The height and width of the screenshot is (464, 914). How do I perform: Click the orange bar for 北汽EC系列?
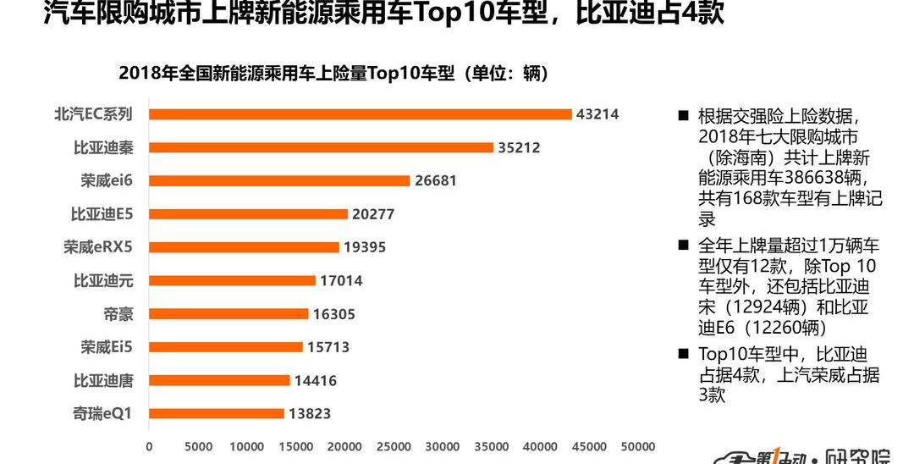(x=361, y=114)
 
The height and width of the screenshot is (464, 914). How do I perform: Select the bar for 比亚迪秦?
(x=321, y=147)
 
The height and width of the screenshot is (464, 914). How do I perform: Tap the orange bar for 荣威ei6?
(x=279, y=180)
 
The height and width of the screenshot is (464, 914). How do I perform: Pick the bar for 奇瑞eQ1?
(x=217, y=413)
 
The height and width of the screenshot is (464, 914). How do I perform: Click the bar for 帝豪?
(x=228, y=313)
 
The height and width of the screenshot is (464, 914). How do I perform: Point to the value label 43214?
(x=597, y=114)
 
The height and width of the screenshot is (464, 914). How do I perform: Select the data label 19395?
(x=365, y=247)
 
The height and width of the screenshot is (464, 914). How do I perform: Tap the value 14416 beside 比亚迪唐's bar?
(x=316, y=380)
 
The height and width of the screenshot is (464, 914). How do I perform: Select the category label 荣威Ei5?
(x=107, y=347)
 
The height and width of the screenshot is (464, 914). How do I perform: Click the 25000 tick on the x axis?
(x=394, y=446)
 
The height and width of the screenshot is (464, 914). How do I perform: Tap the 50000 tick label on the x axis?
(x=638, y=446)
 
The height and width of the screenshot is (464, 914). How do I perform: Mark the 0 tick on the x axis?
(x=150, y=446)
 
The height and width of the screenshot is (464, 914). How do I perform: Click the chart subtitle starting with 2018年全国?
(x=333, y=74)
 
